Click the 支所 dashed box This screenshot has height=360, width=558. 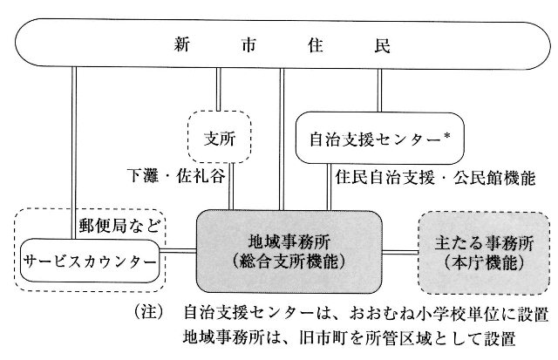click(219, 137)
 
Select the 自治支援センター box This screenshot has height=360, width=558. click(380, 138)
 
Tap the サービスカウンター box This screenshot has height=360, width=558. click(90, 262)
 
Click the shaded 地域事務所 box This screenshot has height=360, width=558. click(289, 252)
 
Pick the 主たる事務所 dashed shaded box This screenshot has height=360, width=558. click(484, 254)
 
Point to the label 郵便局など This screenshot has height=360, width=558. click(120, 225)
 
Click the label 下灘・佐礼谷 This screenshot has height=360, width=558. click(176, 176)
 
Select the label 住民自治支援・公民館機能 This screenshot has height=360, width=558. click(435, 178)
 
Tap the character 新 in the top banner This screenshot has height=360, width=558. click(182, 45)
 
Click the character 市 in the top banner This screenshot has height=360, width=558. click(248, 45)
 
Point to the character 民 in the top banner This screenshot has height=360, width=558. click(382, 46)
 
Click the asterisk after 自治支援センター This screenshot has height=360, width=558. click(447, 136)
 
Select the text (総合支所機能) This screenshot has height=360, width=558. click(289, 262)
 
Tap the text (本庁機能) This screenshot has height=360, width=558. click(484, 263)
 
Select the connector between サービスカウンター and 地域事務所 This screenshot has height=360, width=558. click(178, 252)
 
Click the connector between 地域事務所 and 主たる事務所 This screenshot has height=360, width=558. click(400, 253)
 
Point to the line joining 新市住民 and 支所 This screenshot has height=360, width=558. click(219, 89)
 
